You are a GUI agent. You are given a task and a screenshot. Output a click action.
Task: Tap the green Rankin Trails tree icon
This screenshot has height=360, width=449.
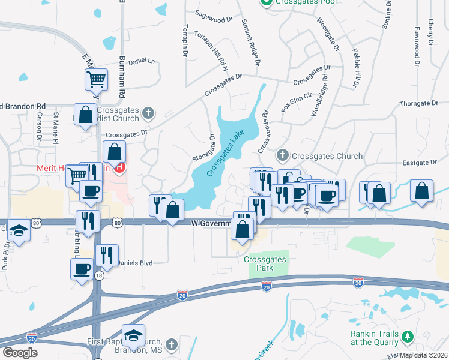(x=408, y=335)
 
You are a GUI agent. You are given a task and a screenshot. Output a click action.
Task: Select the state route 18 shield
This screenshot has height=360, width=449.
(x=98, y=274)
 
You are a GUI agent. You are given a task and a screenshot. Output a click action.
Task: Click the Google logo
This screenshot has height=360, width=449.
(x=20, y=353)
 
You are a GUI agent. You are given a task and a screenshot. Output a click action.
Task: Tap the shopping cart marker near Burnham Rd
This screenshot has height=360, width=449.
(x=96, y=79)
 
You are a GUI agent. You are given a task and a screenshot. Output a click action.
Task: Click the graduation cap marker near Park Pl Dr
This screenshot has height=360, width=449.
(x=20, y=232)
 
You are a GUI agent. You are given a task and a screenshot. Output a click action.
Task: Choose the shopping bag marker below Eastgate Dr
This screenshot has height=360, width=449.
(x=422, y=191)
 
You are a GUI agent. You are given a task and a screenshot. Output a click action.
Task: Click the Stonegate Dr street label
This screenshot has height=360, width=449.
(x=212, y=146)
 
